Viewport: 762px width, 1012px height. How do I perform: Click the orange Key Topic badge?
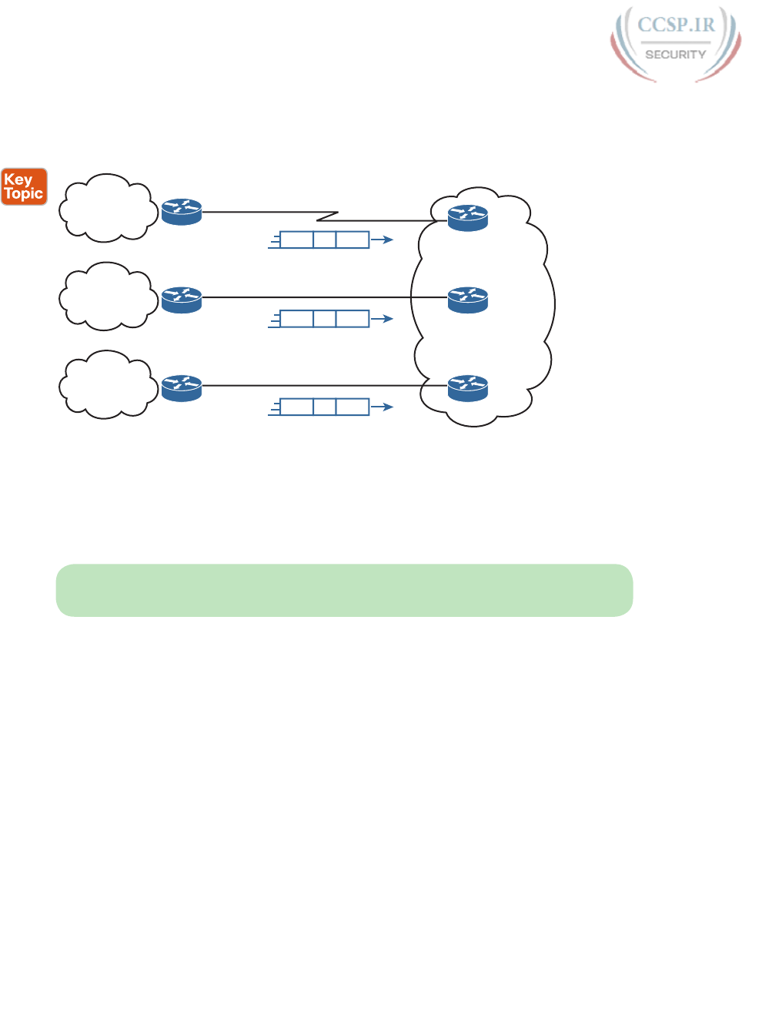[24, 186]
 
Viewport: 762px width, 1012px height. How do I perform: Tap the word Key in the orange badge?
[18, 179]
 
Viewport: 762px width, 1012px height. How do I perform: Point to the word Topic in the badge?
[24, 194]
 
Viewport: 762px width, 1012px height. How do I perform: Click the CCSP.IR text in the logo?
[676, 25]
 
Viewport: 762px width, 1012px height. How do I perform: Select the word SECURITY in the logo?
[675, 55]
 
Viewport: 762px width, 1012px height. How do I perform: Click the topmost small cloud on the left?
[106, 207]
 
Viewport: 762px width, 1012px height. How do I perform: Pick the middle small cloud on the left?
[105, 297]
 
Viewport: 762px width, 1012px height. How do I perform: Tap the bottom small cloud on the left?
[105, 385]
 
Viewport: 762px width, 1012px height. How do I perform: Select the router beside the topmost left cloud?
[182, 211]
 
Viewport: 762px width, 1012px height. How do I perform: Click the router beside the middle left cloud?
[182, 299]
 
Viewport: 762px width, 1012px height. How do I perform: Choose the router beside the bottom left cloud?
[182, 387]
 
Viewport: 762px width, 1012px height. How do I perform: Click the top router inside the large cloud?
[468, 217]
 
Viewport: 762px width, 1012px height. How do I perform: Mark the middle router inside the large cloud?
[468, 300]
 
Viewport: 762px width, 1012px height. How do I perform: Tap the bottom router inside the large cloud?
[468, 387]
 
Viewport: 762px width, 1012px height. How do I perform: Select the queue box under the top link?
[324, 240]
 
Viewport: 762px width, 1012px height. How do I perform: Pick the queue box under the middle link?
[324, 318]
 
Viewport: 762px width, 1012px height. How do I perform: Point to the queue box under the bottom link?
[324, 407]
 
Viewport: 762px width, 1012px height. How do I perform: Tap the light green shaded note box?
[344, 590]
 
